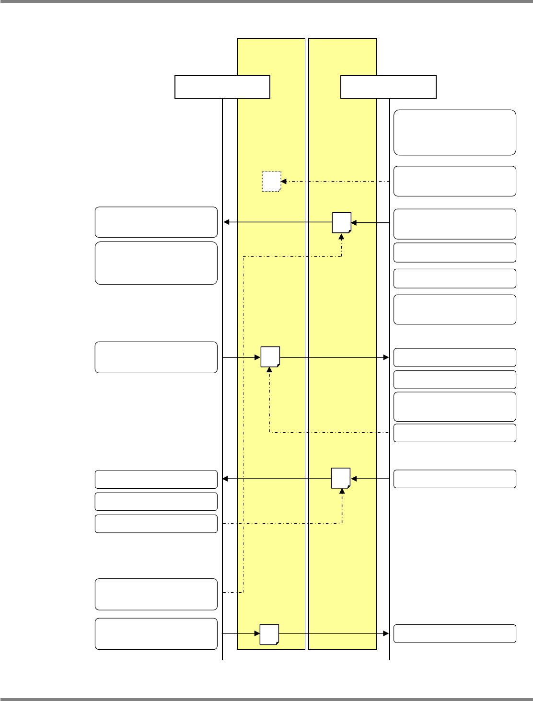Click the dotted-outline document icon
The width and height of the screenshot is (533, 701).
pos(271,181)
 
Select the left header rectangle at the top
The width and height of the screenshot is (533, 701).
pos(222,87)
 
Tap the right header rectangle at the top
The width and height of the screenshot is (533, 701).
pos(388,87)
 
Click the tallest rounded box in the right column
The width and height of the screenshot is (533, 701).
pos(455,132)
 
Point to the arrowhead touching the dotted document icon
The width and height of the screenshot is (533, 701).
pos(283,182)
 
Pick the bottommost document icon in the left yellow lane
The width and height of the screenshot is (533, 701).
pos(269,634)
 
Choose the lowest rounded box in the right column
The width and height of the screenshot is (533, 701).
pos(455,633)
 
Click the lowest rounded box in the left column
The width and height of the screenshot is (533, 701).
pos(156,633)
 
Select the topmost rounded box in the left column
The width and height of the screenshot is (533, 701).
pos(156,222)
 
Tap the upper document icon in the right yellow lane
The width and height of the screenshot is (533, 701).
pos(341,222)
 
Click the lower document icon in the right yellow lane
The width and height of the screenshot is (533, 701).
pos(340,478)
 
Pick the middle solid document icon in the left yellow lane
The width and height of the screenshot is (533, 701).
pos(270,357)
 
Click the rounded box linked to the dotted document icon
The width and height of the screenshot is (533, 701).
pos(455,181)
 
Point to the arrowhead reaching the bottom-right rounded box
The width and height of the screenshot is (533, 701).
pos(386,633)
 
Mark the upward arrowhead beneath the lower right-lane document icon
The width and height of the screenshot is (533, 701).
pos(342,491)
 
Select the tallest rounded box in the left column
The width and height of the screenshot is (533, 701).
pos(156,263)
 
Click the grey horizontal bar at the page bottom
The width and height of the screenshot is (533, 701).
pos(266,699)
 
